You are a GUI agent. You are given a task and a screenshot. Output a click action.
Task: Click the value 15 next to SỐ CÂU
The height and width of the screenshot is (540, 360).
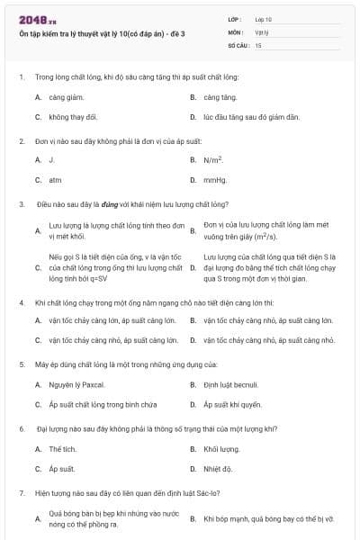(x=258, y=44)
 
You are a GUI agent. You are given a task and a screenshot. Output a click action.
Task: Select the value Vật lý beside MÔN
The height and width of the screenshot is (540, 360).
(x=261, y=31)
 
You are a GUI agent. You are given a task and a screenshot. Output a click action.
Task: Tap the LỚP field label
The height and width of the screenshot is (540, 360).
(x=234, y=19)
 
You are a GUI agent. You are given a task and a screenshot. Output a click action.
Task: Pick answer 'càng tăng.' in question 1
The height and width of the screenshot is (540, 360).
(x=220, y=97)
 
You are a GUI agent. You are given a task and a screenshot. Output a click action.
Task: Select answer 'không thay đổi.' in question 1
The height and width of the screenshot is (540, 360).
(x=73, y=117)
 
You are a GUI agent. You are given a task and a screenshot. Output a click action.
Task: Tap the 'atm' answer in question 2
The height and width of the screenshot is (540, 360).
(x=55, y=179)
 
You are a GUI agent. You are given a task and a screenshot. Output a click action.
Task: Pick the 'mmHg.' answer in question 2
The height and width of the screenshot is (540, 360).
(x=215, y=179)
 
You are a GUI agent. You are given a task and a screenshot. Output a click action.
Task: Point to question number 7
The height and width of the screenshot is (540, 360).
(x=21, y=493)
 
